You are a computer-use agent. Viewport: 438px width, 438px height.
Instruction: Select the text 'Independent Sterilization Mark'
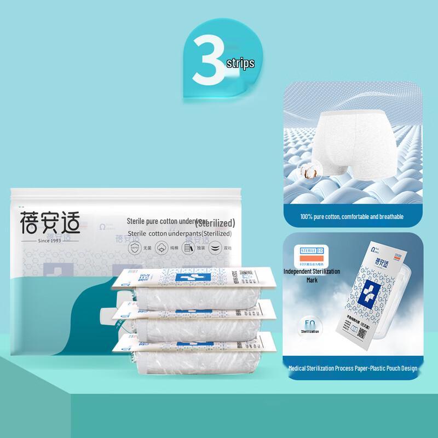coord(312,275)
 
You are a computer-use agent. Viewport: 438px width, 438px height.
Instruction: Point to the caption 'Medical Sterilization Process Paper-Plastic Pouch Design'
coord(353,368)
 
